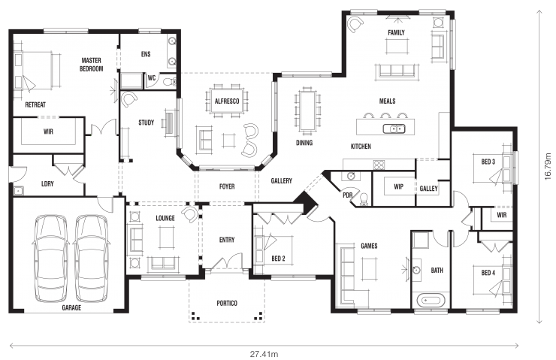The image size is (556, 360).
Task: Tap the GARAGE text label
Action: (x=71, y=307)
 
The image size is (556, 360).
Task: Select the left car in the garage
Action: (x=50, y=253)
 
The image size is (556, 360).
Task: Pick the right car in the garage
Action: (x=90, y=253)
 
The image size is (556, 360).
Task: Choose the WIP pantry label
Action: (x=397, y=188)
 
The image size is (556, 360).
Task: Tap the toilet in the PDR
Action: (x=363, y=198)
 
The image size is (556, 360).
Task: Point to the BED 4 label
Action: (x=488, y=272)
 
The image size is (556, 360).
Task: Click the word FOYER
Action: (x=226, y=184)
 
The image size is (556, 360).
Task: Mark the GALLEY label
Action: (x=429, y=188)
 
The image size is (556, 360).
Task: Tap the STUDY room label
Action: (x=146, y=123)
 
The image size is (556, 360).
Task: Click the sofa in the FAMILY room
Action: (x=396, y=71)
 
